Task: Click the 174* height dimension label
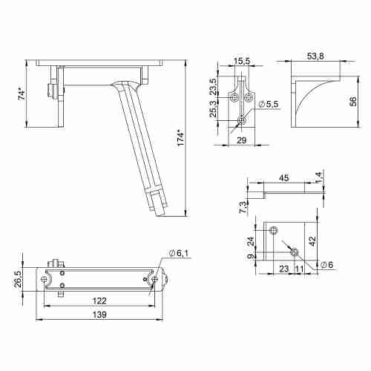pyautogui.click(x=180, y=138)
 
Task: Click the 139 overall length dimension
pyautogui.click(x=98, y=315)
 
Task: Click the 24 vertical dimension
pyautogui.click(x=252, y=240)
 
